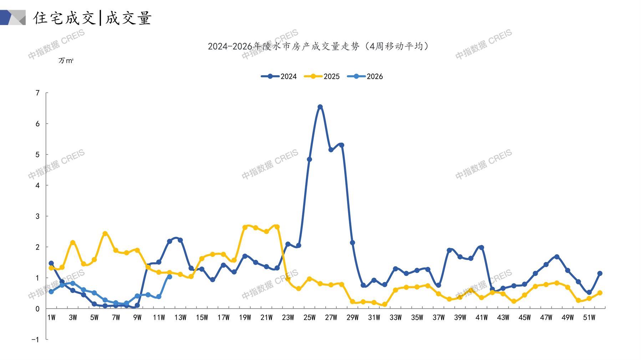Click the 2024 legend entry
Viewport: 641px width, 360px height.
(279, 76)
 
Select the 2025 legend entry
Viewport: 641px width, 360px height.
(322, 76)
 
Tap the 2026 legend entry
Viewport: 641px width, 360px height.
(365, 76)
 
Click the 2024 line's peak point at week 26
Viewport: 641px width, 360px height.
(320, 107)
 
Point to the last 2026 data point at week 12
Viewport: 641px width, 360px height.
(169, 277)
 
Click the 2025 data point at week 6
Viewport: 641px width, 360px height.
(105, 233)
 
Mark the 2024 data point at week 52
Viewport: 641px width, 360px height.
(600, 273)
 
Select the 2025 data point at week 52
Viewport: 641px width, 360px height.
(600, 293)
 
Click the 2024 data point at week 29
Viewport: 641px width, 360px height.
(352, 243)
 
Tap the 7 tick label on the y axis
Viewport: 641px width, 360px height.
(37, 93)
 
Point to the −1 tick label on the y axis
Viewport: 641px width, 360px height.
(35, 340)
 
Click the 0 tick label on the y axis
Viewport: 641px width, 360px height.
(37, 309)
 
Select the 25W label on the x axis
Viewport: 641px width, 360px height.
(309, 318)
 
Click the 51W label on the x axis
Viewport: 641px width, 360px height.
(589, 318)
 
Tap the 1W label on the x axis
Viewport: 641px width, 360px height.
(51, 318)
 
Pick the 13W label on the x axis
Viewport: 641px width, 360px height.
(180, 318)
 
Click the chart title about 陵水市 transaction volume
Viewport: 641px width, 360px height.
(318, 46)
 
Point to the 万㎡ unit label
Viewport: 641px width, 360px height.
(66, 61)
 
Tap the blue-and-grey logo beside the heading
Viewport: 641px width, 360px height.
(13, 17)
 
